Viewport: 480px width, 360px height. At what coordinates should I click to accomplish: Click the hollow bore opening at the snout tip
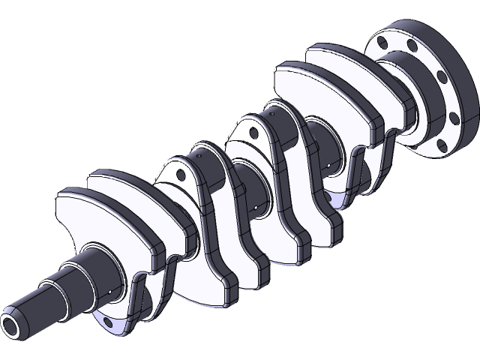pyautogui.click(x=13, y=325)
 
